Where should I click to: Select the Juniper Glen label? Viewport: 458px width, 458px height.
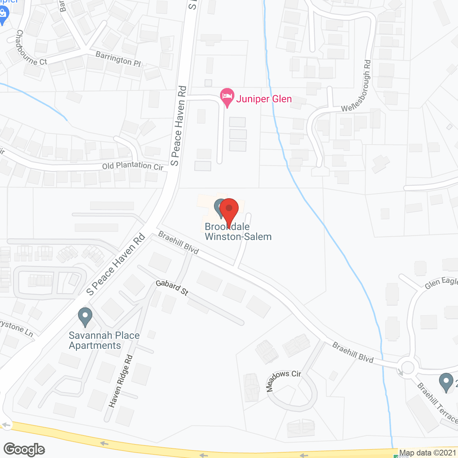coord(264,99)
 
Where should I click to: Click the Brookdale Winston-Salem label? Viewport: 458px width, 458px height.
coord(238,232)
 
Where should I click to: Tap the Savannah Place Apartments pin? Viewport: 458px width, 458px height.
coord(85,317)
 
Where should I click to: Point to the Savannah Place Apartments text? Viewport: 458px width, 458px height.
coord(104,340)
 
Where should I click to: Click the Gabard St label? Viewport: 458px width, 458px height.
coord(172,288)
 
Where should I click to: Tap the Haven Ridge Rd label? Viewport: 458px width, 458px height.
coord(121,381)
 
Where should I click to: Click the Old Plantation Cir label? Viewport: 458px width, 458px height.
coord(133,166)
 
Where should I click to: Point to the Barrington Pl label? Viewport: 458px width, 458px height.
coord(118,59)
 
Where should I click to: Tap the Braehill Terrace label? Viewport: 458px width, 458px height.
coord(437,403)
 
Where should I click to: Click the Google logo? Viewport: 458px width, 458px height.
coord(24,449)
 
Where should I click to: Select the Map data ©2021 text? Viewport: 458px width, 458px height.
coord(428,453)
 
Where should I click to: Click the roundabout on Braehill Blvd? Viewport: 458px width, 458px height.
coord(408,367)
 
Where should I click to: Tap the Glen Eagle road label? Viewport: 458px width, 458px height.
coord(441,283)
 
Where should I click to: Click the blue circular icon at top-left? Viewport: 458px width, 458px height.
coord(3,14)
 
